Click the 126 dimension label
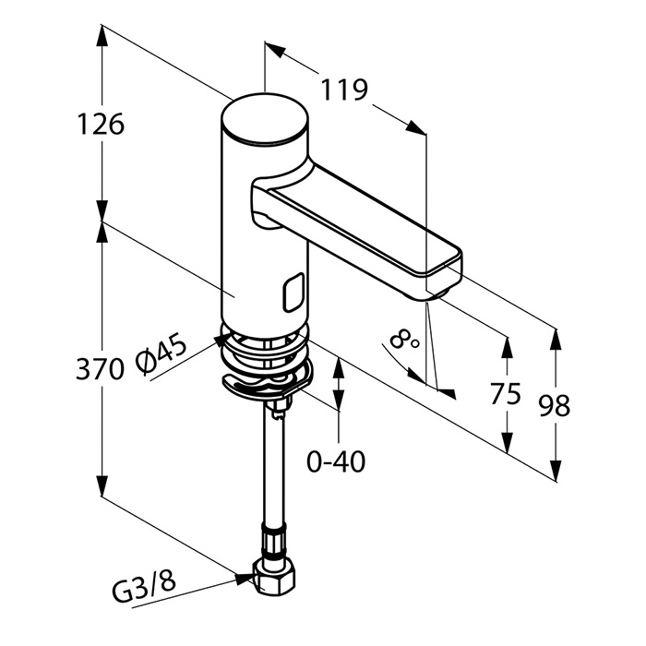click(101, 124)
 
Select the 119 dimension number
click(344, 90)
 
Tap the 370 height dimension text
click(100, 368)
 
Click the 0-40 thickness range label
click(336, 461)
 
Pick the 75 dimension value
click(506, 393)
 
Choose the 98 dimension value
click(555, 405)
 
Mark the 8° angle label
click(404, 340)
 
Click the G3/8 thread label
click(144, 586)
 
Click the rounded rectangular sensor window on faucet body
click(293, 293)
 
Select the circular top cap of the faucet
click(264, 119)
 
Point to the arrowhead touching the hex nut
click(245, 579)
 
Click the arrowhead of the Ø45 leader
click(222, 340)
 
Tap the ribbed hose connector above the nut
click(272, 540)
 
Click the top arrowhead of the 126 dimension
click(102, 38)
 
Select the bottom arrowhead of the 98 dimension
click(556, 471)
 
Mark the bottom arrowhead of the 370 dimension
click(102, 486)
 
